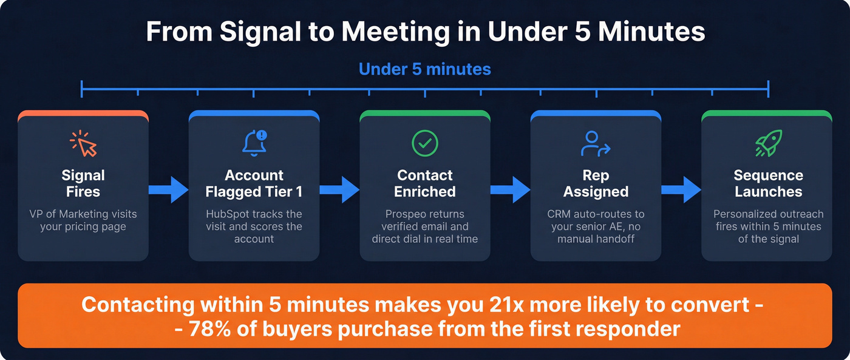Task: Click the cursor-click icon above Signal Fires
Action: pyautogui.click(x=83, y=143)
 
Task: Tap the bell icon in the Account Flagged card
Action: pyautogui.click(x=254, y=143)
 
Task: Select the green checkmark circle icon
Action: pyautogui.click(x=425, y=143)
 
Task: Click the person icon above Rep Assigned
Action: pyautogui.click(x=595, y=143)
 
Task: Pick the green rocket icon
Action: pyautogui.click(x=767, y=143)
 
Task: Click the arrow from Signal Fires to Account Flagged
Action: pyautogui.click(x=169, y=189)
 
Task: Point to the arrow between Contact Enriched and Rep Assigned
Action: pyautogui.click(x=511, y=189)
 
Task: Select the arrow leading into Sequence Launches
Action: pyautogui.click(x=681, y=189)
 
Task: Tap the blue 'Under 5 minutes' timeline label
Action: pyautogui.click(x=425, y=69)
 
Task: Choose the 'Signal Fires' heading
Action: pyautogui.click(x=83, y=183)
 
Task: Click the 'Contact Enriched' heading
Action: pyautogui.click(x=425, y=183)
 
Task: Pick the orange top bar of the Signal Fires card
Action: pyautogui.click(x=83, y=114)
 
